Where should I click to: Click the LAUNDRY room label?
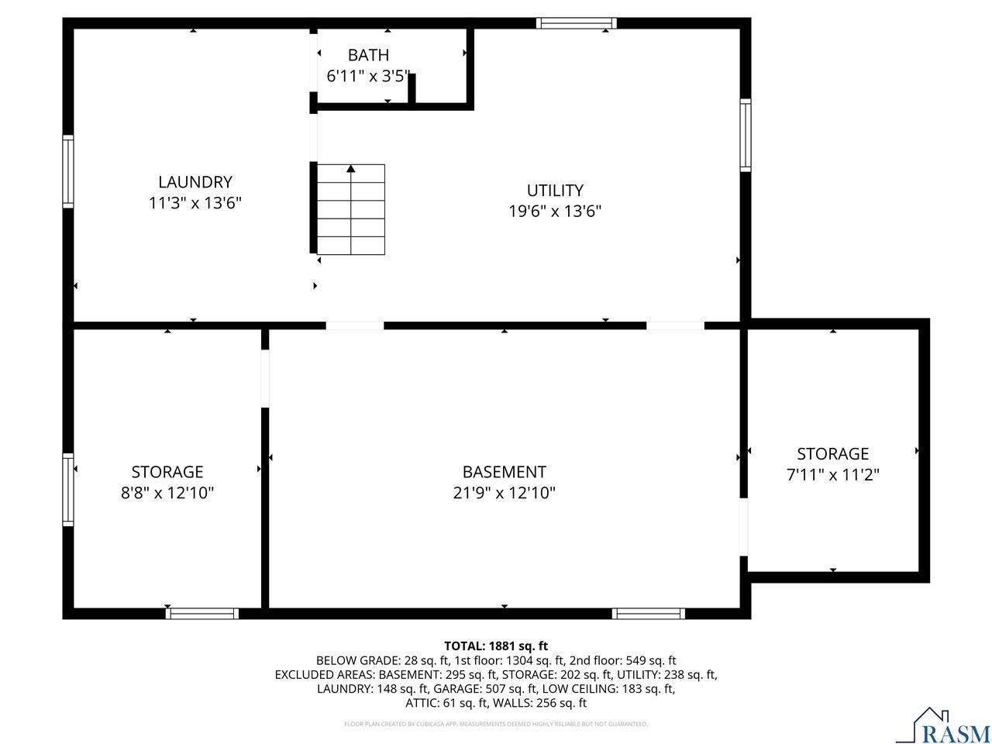(x=195, y=182)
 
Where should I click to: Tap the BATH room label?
(x=368, y=55)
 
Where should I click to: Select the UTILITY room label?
(x=555, y=190)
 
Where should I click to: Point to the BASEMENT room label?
(x=504, y=472)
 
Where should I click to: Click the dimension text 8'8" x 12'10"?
(x=167, y=493)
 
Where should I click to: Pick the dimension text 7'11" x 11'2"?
(x=833, y=474)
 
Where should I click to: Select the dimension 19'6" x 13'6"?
(x=555, y=211)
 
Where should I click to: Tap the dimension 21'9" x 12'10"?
(x=504, y=493)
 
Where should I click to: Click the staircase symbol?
(x=351, y=209)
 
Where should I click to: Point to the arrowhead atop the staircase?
(x=351, y=168)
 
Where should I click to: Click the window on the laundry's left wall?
(x=68, y=171)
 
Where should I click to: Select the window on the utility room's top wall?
(x=577, y=23)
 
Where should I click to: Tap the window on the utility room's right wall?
(x=746, y=135)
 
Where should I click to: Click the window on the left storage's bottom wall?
(x=202, y=614)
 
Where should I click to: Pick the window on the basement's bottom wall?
(x=648, y=614)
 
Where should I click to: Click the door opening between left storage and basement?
(x=265, y=379)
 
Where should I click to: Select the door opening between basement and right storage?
(x=744, y=527)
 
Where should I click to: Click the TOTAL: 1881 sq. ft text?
(x=496, y=646)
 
